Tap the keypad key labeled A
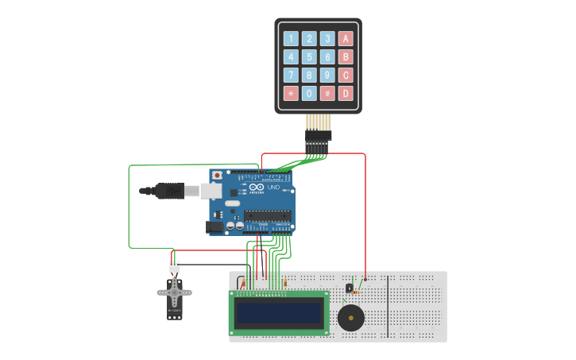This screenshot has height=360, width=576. (x=346, y=38)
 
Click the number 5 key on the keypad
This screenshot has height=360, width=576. (x=309, y=56)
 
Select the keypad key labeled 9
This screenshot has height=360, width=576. (x=327, y=75)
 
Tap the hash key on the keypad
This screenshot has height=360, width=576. (x=327, y=94)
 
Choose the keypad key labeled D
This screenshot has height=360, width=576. (x=346, y=94)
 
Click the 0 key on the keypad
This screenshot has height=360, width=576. (x=309, y=94)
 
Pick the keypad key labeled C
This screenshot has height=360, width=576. (x=346, y=75)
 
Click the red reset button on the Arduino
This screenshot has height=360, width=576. (x=217, y=175)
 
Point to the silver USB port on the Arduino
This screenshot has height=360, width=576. (x=211, y=191)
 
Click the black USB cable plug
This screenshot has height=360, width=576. (x=169, y=191)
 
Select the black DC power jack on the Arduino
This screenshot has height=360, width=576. (x=215, y=226)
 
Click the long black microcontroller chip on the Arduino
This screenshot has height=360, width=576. (x=266, y=215)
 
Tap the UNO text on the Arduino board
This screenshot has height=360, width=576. (x=273, y=188)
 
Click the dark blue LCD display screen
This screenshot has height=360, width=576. (x=279, y=312)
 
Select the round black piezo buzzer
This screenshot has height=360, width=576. (x=350, y=318)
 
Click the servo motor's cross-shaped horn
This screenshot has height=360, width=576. (x=174, y=292)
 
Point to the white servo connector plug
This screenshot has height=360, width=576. (x=174, y=267)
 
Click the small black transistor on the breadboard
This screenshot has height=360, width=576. (x=349, y=288)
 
